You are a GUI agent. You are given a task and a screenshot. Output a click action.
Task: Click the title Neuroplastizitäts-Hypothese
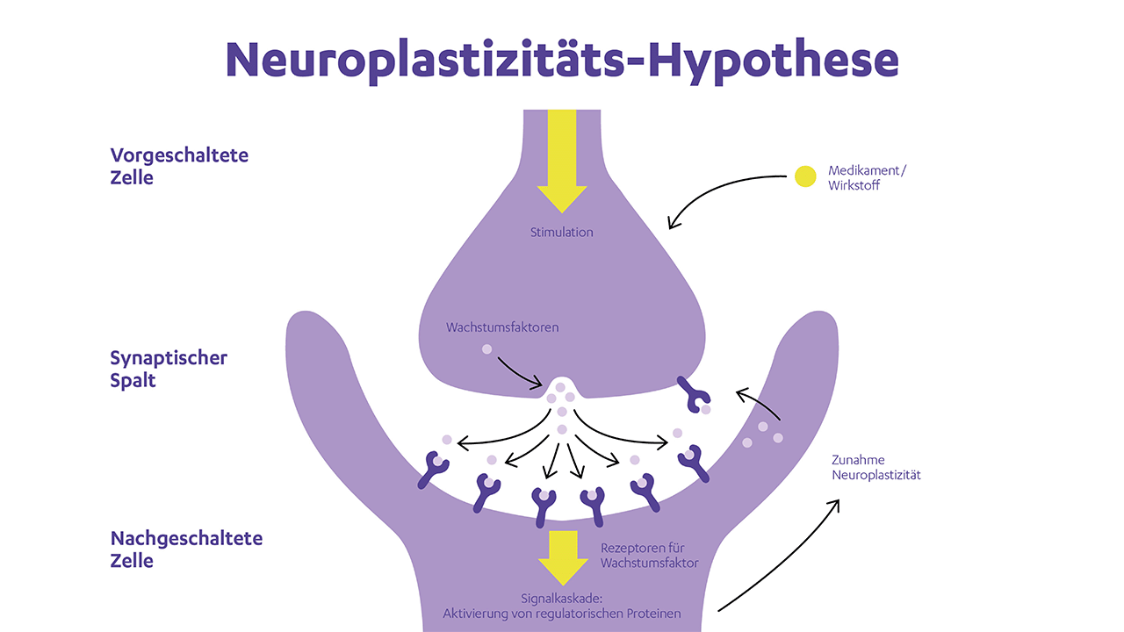pos(562,59)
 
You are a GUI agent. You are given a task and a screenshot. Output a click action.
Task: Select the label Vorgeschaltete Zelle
pos(179,166)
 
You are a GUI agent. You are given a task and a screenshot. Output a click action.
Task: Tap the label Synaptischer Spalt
pos(169,369)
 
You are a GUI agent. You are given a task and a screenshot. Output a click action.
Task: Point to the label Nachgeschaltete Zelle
pos(186,549)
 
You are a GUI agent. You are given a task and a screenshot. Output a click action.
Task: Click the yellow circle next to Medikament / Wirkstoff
pos(805,176)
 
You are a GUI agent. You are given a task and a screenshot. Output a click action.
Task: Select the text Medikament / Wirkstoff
pos(866,177)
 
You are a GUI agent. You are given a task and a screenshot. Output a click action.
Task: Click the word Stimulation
pos(561,233)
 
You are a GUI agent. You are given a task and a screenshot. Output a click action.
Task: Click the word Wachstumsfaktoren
pos(502,327)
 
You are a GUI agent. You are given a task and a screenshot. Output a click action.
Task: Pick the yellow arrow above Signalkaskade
pos(561,557)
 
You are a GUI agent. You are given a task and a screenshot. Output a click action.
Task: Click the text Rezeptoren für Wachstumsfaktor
pos(649,555)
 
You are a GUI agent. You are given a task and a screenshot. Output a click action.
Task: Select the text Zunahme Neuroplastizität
pos(875,467)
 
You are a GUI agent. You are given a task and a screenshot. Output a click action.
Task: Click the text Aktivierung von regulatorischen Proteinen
pos(563,614)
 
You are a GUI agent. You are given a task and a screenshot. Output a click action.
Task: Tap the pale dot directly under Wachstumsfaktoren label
pos(486,349)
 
